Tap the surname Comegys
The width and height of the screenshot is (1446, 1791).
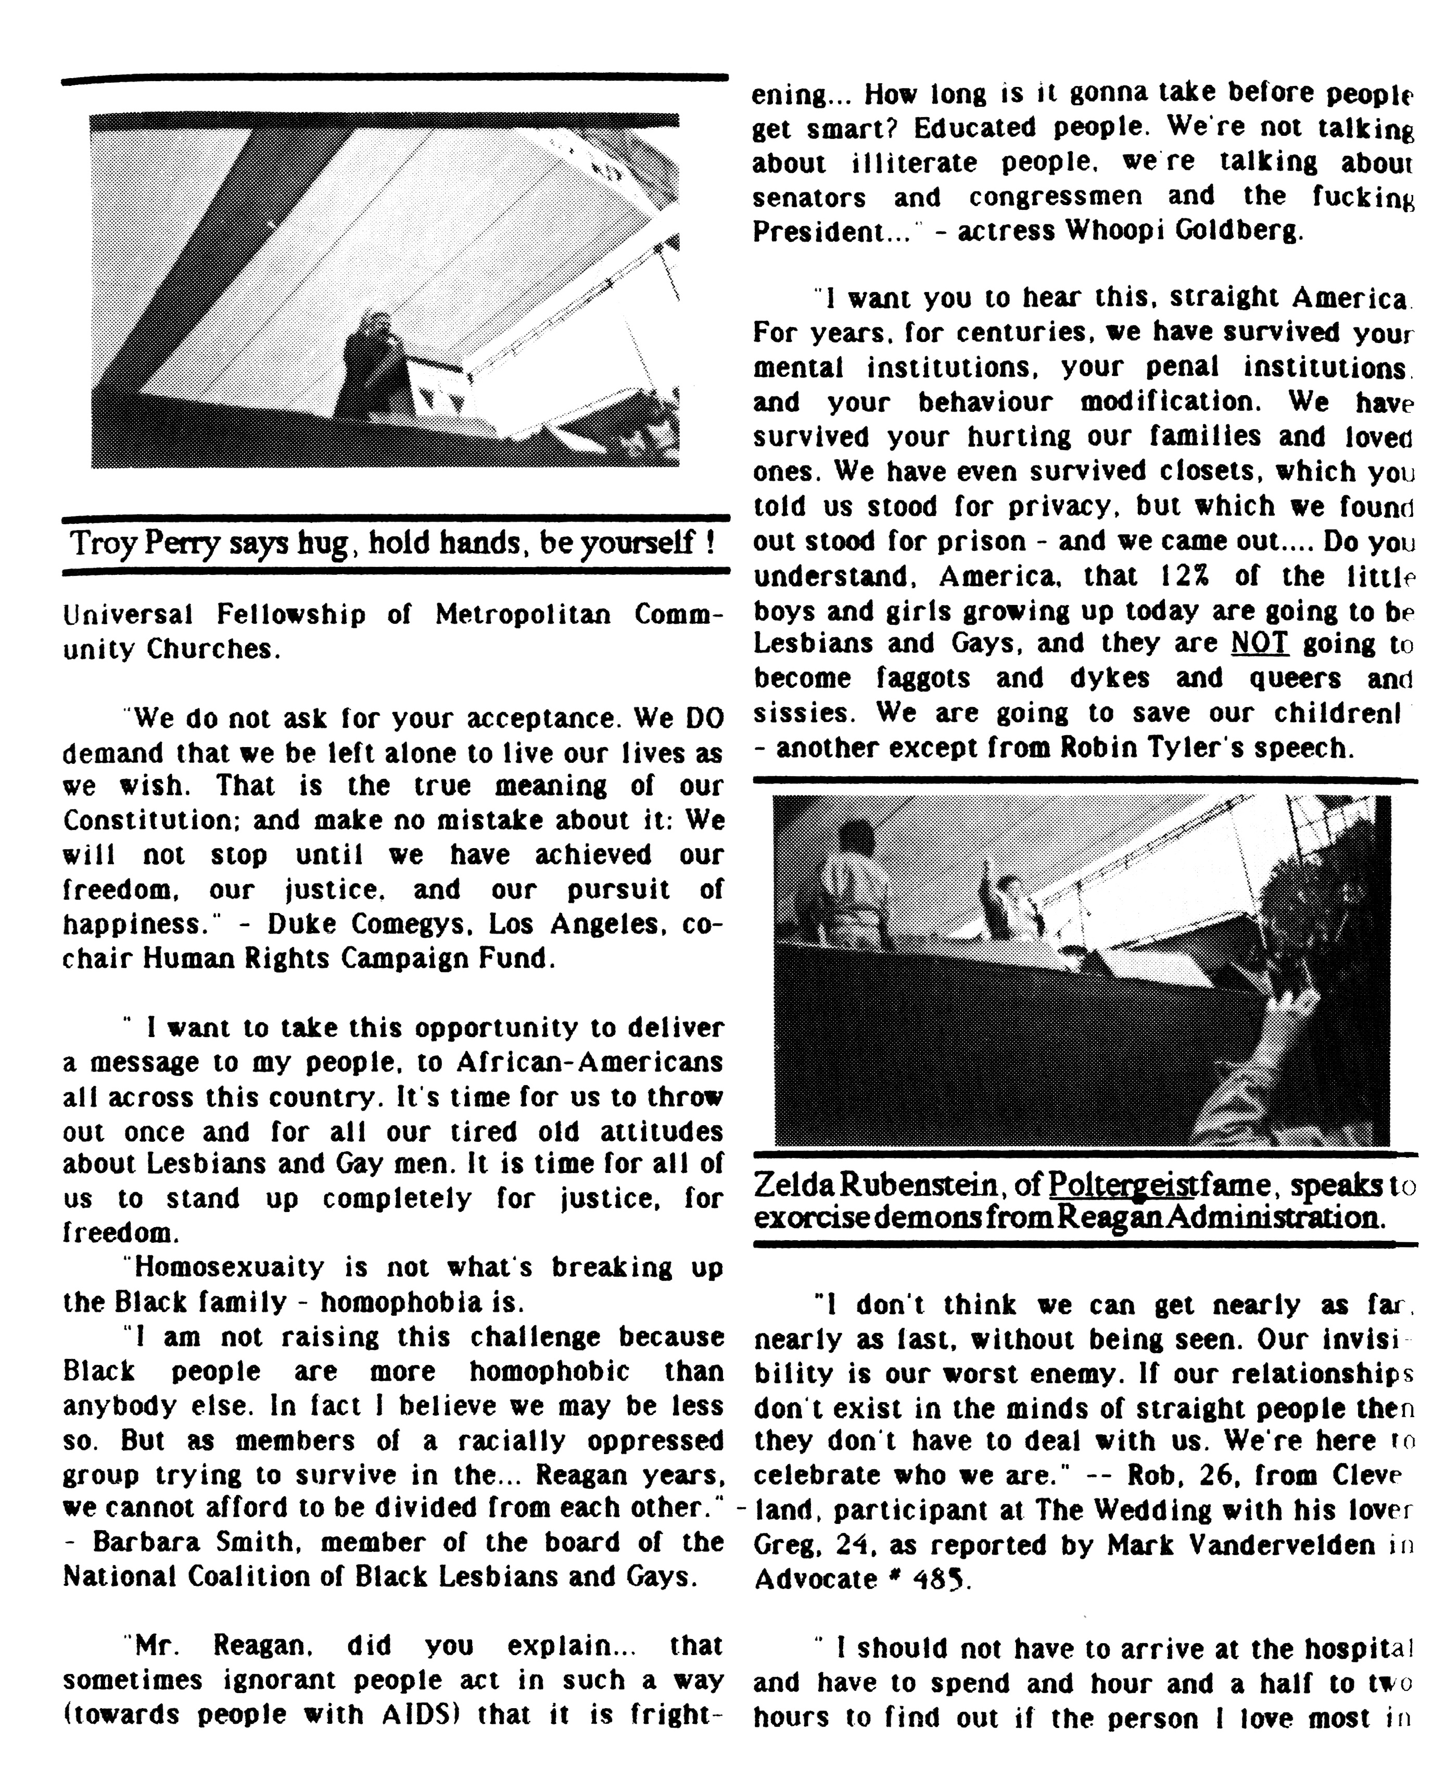421,925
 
